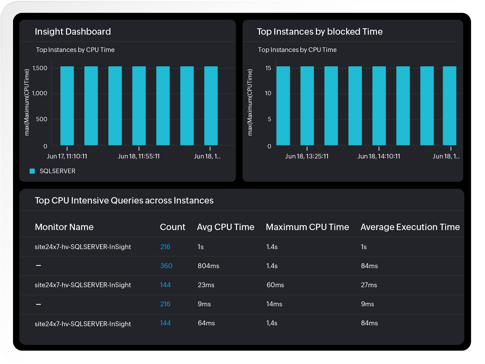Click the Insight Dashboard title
pos(73,31)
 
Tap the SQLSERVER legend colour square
pos(32,171)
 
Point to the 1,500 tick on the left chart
pos(40,68)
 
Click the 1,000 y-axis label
pos(40,93)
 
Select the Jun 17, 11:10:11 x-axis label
pos(67,156)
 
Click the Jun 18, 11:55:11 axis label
pos(139,156)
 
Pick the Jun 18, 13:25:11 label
pos(307,156)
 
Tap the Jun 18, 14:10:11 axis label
pos(379,156)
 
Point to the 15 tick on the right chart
pos(268,68)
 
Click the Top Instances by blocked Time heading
pos(320,31)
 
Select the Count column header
pos(173,227)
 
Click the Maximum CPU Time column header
pos(307,227)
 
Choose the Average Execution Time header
pos(410,227)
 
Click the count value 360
pos(166,266)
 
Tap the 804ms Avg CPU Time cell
pos(208,266)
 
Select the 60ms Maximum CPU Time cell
pos(275,285)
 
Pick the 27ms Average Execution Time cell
pos(369,285)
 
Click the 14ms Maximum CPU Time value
pos(274,304)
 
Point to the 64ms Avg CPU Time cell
pos(206,323)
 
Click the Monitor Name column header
pos(64,227)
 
